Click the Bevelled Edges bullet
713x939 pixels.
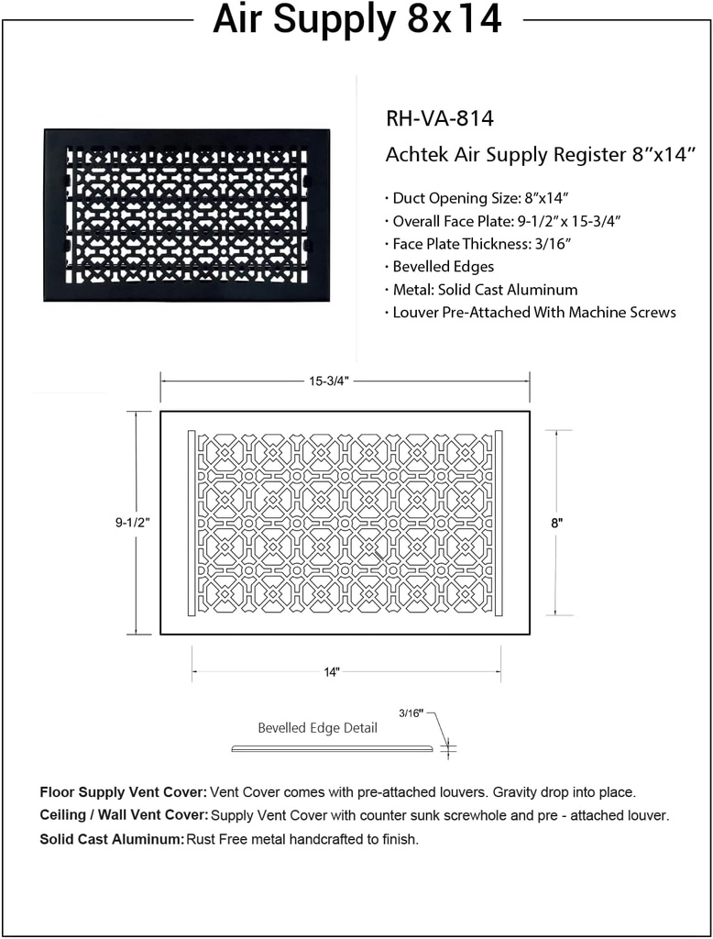(x=443, y=266)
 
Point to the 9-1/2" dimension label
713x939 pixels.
(x=131, y=523)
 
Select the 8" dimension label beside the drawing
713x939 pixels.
(x=556, y=523)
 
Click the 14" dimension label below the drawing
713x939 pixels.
(x=331, y=672)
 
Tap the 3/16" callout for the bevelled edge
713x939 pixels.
(x=412, y=713)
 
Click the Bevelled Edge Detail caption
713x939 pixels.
(x=317, y=728)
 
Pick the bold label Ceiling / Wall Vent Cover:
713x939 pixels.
(x=125, y=815)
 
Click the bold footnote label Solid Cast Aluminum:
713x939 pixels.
(x=112, y=839)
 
